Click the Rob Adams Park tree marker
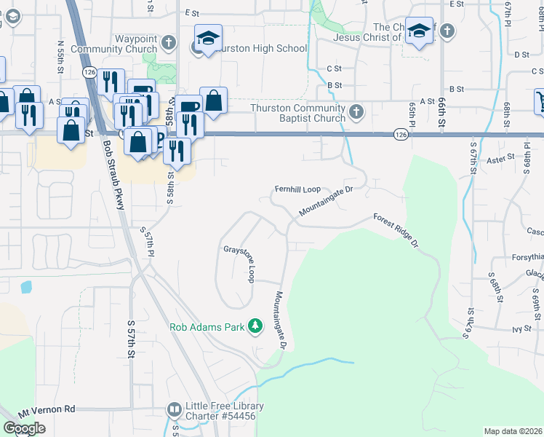pos(255,326)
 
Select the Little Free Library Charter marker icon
pos(174,411)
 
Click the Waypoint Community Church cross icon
pos(169,42)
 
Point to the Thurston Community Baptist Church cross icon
pos(356,112)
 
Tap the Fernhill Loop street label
pos(297,189)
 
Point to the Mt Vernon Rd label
pos(47,409)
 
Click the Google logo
pos(24,428)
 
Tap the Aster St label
pos(500,157)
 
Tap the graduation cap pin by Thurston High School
pos(207,38)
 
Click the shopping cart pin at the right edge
pos(540,101)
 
